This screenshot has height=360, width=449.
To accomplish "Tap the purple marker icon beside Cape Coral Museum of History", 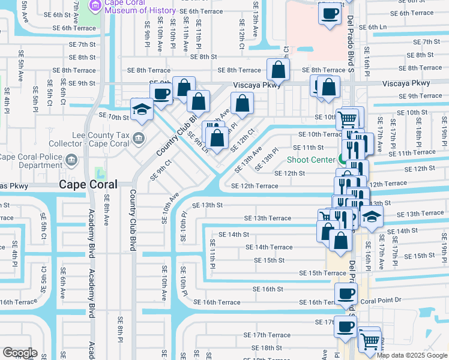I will [95, 6].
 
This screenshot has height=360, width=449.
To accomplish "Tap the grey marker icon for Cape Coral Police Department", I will [72, 160].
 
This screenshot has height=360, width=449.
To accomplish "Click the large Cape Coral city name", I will [91, 185].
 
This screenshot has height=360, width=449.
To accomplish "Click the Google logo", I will [20, 352].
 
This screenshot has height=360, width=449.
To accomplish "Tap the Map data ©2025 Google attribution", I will [412, 355].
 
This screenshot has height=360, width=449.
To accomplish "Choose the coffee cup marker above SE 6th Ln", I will [330, 13].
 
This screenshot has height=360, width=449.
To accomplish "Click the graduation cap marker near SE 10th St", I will [142, 109].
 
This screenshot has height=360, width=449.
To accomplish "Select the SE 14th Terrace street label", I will [269, 247].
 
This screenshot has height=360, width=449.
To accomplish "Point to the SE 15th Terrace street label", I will [323, 273].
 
